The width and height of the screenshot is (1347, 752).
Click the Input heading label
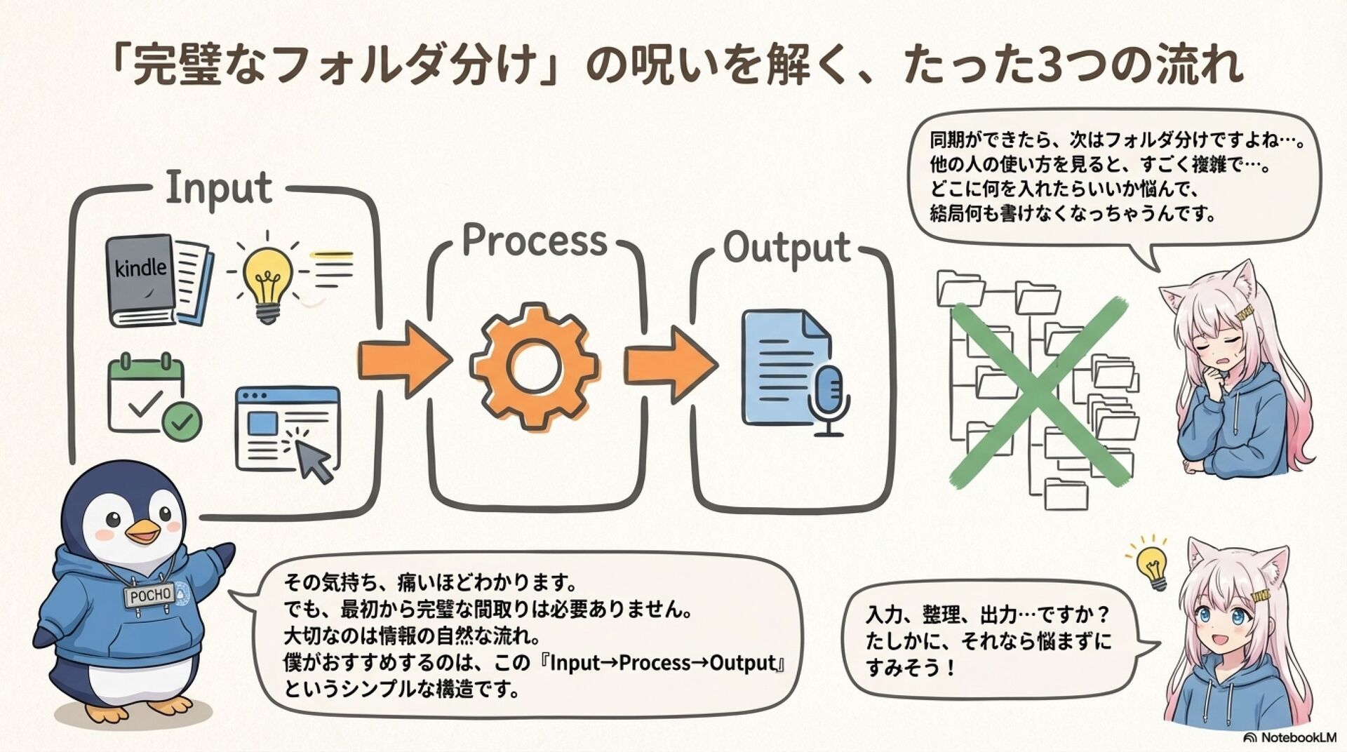tap(219, 188)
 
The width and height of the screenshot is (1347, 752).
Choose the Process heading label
tap(535, 241)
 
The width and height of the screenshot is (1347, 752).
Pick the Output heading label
tap(786, 248)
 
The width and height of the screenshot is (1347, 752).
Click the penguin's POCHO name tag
tap(150, 596)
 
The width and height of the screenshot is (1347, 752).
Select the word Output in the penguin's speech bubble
tap(742, 662)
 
